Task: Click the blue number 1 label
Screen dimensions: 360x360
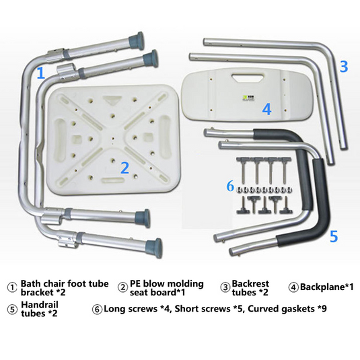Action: tap(41, 73)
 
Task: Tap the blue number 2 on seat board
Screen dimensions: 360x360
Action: tap(125, 168)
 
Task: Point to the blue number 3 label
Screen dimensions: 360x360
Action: tap(344, 67)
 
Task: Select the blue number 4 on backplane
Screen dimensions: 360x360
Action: tap(266, 109)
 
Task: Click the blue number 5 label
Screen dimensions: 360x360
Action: tap(334, 236)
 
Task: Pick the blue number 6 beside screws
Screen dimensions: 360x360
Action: tap(230, 186)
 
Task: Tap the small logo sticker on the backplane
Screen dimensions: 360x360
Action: tap(248, 98)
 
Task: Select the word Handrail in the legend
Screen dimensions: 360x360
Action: tap(40, 305)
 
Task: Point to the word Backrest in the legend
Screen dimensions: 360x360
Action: tap(250, 283)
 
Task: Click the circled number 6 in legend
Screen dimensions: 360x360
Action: tap(97, 310)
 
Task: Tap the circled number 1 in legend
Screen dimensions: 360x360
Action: tap(12, 287)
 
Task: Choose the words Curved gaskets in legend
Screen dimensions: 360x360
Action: tap(281, 309)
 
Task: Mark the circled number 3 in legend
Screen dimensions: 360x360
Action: tap(225, 287)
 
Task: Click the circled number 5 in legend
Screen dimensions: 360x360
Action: tap(12, 310)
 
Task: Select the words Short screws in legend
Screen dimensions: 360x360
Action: tap(203, 309)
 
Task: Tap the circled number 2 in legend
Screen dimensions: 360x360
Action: tap(123, 287)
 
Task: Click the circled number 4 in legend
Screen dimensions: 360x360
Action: tap(293, 287)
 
